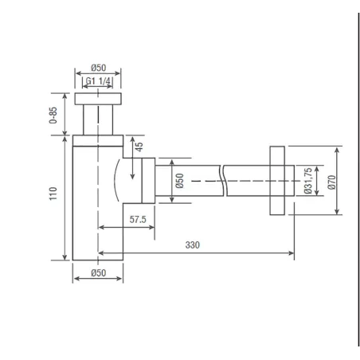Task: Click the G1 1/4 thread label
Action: (98, 80)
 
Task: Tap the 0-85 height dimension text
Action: (53, 115)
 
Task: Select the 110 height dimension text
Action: (53, 194)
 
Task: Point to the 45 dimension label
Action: (139, 147)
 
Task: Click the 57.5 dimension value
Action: (138, 219)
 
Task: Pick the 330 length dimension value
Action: (193, 245)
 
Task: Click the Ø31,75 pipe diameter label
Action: (308, 181)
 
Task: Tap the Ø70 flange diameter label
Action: (331, 182)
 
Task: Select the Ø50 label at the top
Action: (99, 68)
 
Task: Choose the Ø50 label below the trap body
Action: (99, 272)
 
